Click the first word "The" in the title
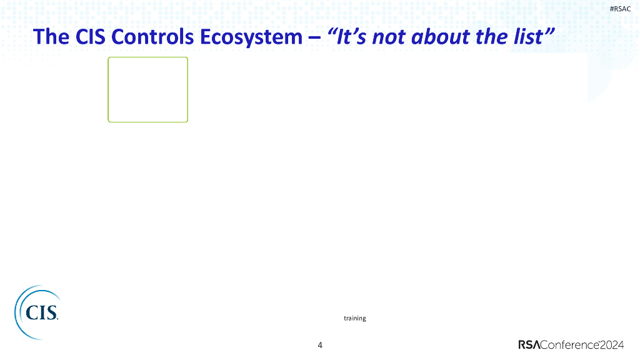tap(51, 37)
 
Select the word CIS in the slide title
tap(91, 37)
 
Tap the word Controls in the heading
tap(152, 37)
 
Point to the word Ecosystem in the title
tap(251, 37)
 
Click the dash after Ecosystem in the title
tap(314, 37)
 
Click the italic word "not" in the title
tap(388, 37)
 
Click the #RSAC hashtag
tap(620, 9)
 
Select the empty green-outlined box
tap(147, 57)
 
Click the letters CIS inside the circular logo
tap(42, 313)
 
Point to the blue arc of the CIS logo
tap(17, 313)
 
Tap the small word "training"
tap(355, 318)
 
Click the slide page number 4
tap(320, 345)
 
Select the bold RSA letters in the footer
tap(529, 345)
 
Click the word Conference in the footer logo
tap(570, 345)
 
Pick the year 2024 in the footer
tap(612, 345)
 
